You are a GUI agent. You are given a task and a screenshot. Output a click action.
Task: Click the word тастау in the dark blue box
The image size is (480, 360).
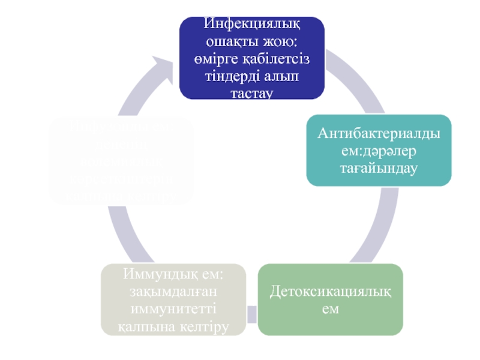pos(252,93)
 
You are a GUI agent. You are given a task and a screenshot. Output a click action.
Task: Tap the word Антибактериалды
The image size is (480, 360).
pos(379,133)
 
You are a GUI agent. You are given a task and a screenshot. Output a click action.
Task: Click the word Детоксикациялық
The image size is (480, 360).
pos(331,292)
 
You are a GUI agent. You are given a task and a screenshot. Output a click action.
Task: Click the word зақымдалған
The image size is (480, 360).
pos(173,292)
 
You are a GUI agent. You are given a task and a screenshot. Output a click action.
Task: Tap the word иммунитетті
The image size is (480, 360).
pos(173,310)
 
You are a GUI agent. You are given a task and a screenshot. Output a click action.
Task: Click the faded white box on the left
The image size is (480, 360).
pos(121,159)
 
